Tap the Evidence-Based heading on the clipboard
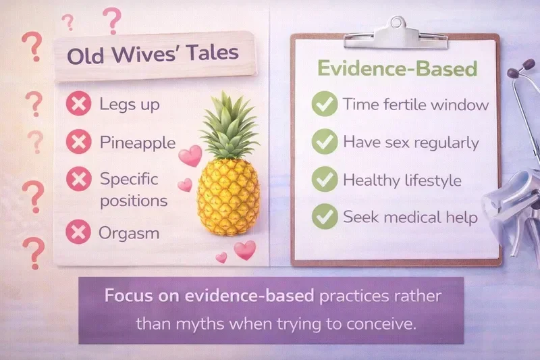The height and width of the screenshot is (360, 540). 398,70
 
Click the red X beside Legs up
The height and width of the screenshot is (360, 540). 78,105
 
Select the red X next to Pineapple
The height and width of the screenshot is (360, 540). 78,143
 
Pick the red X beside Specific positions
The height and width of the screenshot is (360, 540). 78,180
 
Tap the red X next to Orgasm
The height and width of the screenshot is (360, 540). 78,233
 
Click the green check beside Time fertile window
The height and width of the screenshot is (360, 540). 325,105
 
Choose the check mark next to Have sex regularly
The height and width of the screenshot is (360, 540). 325,143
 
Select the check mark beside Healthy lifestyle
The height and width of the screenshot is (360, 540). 325,180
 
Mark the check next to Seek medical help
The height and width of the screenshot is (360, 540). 325,217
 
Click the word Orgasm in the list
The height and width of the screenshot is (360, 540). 129,233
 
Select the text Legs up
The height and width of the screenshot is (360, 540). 130,105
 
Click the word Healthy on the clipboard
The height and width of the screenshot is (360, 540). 367,180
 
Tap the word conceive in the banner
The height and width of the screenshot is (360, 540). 383,323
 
